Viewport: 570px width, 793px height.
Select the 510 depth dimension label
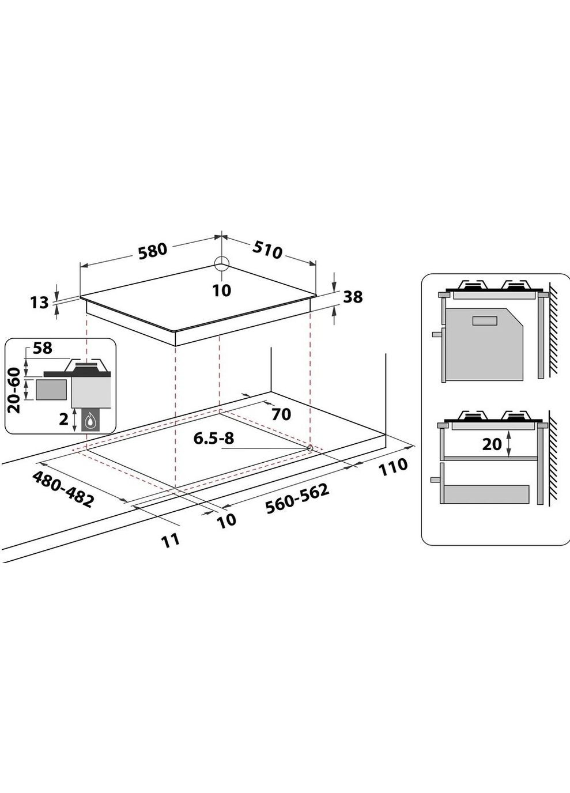[x=267, y=249]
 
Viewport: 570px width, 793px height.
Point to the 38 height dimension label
[x=353, y=296]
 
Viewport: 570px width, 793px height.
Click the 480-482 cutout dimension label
[x=63, y=489]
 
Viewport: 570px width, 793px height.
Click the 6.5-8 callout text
[x=214, y=439]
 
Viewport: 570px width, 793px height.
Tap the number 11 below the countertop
[x=171, y=539]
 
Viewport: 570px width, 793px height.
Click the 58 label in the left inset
[x=43, y=348]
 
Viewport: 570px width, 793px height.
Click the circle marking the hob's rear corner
[x=221, y=264]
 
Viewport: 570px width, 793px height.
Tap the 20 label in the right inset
[x=492, y=444]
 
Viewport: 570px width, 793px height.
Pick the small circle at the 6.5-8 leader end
[x=310, y=448]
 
